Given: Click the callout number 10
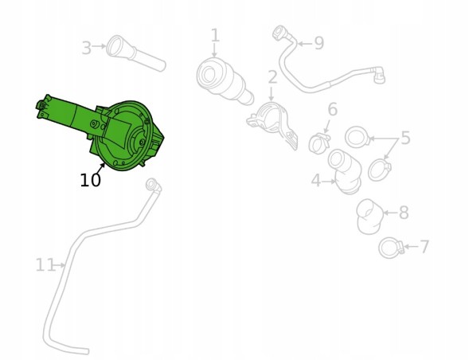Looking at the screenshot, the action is [90, 180].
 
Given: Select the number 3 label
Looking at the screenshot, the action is [87, 48].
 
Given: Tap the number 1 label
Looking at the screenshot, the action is [215, 35].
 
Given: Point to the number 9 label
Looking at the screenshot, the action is [319, 43].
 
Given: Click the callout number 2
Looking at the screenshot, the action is [272, 77].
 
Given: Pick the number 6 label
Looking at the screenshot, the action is [333, 109].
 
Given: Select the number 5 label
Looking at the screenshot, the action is [405, 138].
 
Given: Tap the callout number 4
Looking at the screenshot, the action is [316, 181].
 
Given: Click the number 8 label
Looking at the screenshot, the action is [404, 213].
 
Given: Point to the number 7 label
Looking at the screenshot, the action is [424, 247].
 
